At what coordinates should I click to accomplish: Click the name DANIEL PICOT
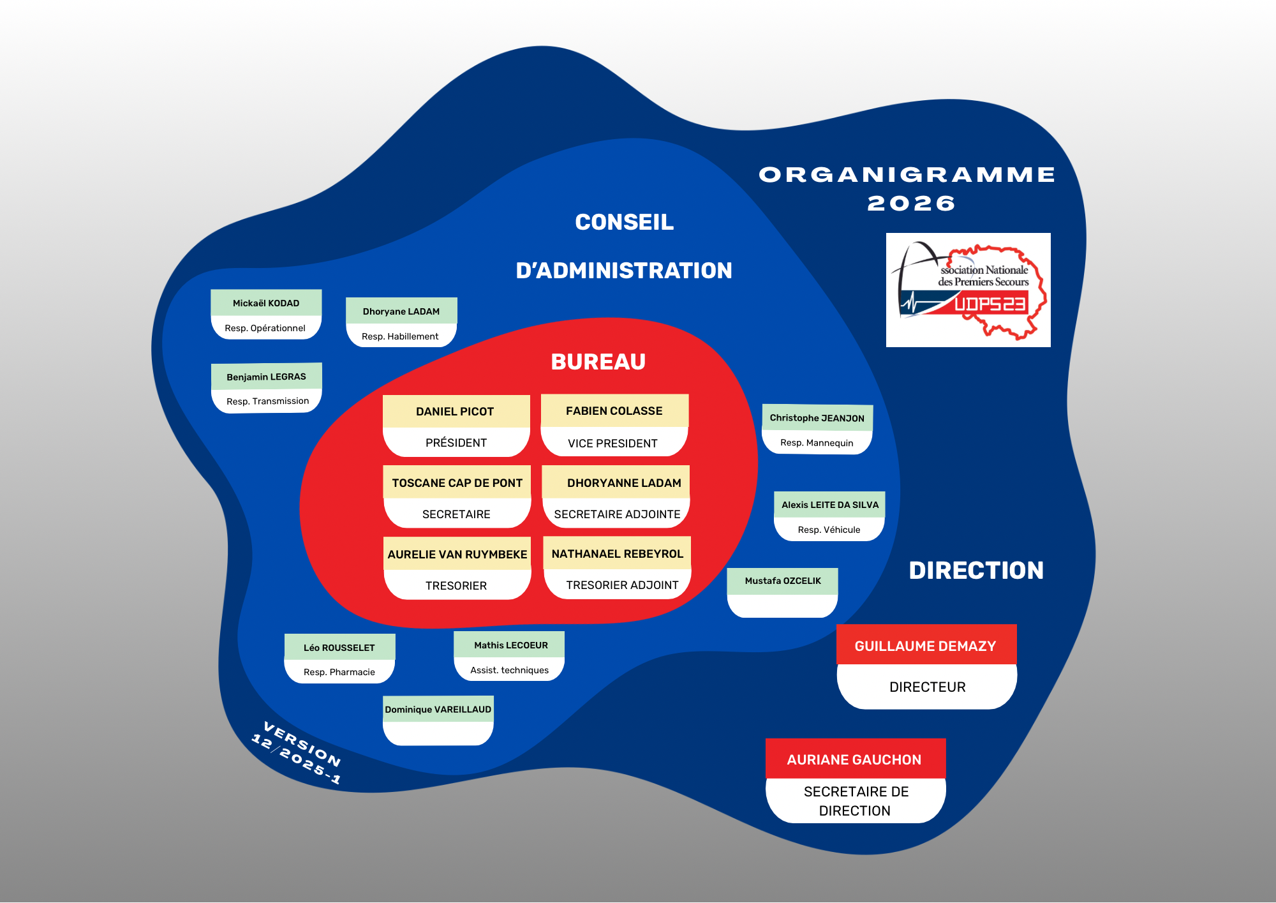pyautogui.click(x=455, y=412)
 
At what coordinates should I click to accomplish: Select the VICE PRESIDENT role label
pyautogui.click(x=612, y=444)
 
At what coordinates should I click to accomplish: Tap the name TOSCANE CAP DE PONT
pyautogui.click(x=457, y=483)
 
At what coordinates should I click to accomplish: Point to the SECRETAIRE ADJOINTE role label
pyautogui.click(x=617, y=514)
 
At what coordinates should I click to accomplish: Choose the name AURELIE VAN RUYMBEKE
pyautogui.click(x=457, y=555)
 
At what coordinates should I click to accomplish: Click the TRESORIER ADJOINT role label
pyautogui.click(x=622, y=585)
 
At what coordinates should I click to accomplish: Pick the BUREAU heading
pyautogui.click(x=598, y=362)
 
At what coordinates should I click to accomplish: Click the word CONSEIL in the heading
pyautogui.click(x=624, y=222)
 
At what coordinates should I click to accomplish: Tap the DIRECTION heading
pyautogui.click(x=976, y=571)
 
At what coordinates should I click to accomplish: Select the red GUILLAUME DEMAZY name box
pyautogui.click(x=926, y=646)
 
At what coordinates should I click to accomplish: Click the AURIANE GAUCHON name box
pyautogui.click(x=854, y=759)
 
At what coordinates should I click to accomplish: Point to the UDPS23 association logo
pyautogui.click(x=968, y=290)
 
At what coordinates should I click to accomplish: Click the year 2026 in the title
pyautogui.click(x=911, y=204)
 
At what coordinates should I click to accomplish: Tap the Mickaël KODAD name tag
pyautogui.click(x=266, y=303)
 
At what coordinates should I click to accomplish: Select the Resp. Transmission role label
pyautogui.click(x=267, y=401)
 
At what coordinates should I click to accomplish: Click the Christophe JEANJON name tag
pyautogui.click(x=817, y=418)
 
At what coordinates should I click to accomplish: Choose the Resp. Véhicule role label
pyautogui.click(x=829, y=530)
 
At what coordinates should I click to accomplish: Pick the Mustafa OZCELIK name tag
pyautogui.click(x=783, y=581)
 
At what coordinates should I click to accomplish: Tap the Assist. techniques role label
pyautogui.click(x=509, y=670)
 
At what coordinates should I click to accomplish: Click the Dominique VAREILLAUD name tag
pyautogui.click(x=438, y=710)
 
